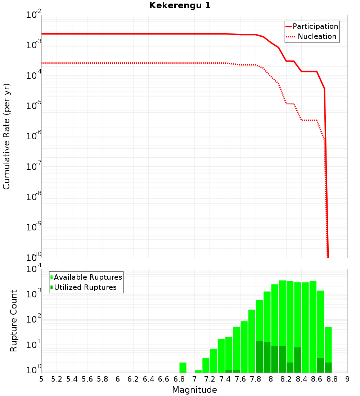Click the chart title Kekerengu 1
[180, 6]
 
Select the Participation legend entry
[315, 26]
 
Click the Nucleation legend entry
[317, 36]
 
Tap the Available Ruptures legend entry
[88, 277]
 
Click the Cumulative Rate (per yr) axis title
[6, 136]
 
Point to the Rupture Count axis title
[14, 320]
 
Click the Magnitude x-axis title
[194, 390]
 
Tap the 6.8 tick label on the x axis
[179, 379]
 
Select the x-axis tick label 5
[41, 379]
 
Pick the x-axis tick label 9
[347, 379]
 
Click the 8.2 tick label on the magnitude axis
[286, 379]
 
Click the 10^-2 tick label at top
[34, 15]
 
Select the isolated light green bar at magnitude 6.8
[183, 368]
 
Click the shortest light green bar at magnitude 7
[198, 371]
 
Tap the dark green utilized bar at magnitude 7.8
[259, 357]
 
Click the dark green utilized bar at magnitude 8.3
[298, 360]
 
